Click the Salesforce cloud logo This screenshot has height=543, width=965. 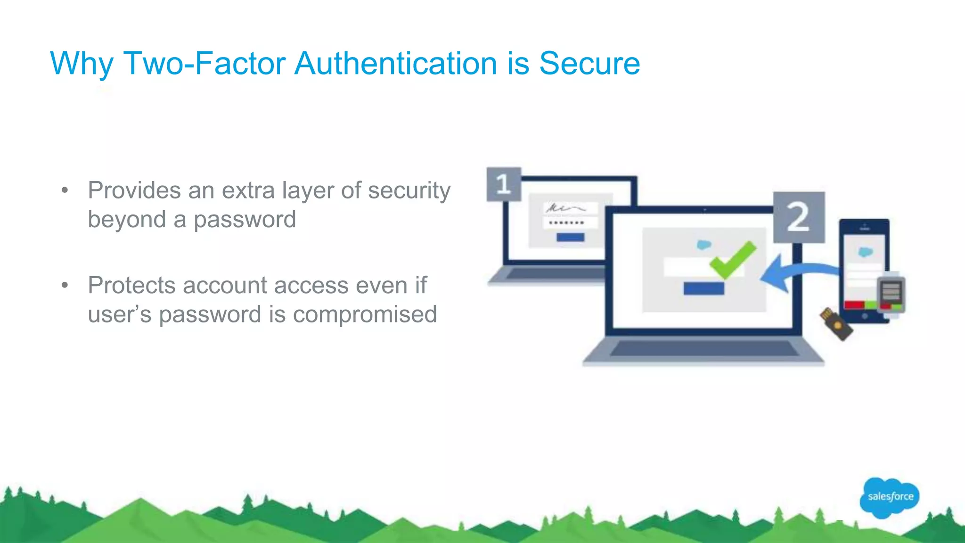click(x=889, y=497)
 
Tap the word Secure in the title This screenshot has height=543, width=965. click(x=589, y=63)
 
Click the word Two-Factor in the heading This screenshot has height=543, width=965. click(x=204, y=63)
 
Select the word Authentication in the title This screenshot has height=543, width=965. click(x=395, y=63)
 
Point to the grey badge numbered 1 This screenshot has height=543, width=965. click(x=503, y=184)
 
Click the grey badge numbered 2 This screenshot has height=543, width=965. click(x=799, y=217)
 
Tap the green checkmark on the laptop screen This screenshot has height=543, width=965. click(x=733, y=259)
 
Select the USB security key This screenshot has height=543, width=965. click(x=836, y=324)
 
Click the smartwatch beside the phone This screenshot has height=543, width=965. click(x=891, y=295)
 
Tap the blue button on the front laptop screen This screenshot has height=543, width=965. click(x=703, y=288)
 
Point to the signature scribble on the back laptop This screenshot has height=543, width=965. click(x=565, y=208)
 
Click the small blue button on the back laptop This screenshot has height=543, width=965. click(x=570, y=237)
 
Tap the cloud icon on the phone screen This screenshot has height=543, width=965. click(x=865, y=252)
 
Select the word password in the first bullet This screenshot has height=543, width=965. click(x=245, y=220)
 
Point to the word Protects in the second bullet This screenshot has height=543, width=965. click(x=131, y=286)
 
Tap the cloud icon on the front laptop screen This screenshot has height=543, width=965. click(x=703, y=245)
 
